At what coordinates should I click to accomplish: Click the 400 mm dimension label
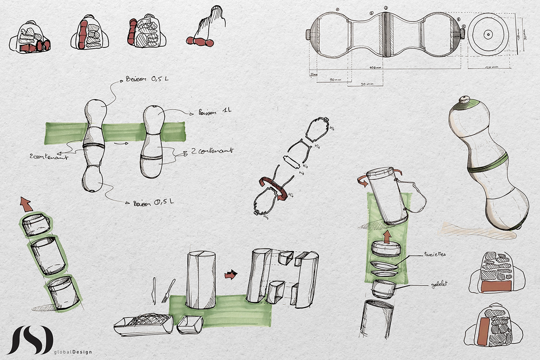coord(375,68)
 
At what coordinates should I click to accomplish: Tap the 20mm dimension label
coord(313,74)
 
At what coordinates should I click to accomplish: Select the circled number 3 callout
coord(386,8)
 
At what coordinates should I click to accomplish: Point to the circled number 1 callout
coord(337,9)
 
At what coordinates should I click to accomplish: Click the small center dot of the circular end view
coord(488,34)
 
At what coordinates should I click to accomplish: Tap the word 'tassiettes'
coord(435,254)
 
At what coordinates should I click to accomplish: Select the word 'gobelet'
coord(439,284)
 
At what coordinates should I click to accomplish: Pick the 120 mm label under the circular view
coord(491,67)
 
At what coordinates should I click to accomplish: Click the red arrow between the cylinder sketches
coord(231,274)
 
